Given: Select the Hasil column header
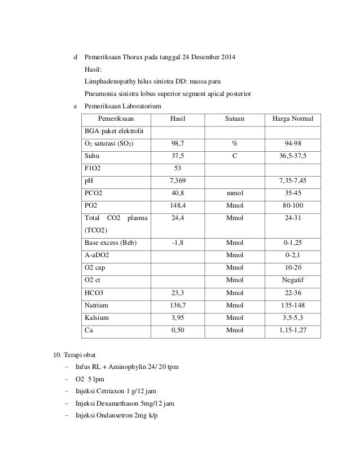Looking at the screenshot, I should (x=178, y=118).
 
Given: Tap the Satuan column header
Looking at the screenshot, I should (x=234, y=118).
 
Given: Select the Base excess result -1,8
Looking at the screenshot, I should (x=178, y=243).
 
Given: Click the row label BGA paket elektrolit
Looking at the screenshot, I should (x=115, y=131).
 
